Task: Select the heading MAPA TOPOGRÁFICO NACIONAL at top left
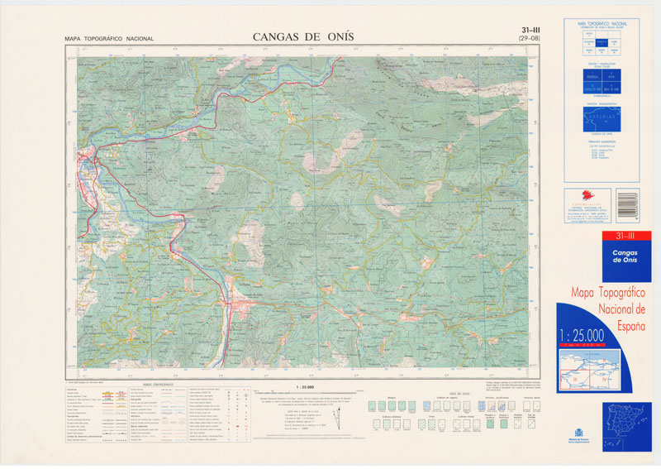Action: tap(109, 39)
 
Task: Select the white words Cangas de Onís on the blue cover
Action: tap(607, 256)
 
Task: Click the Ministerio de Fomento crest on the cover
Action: tap(578, 434)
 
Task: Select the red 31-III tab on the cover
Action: tap(607, 238)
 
